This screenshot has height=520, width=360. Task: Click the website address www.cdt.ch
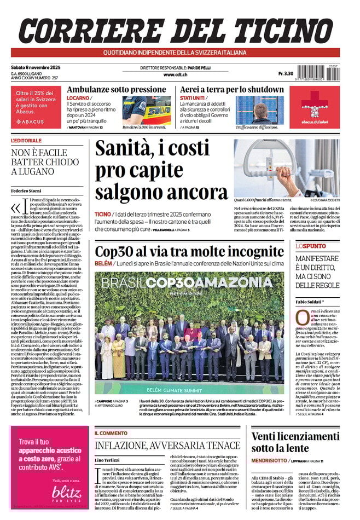point(176,74)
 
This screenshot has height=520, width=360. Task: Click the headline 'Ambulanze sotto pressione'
point(116,89)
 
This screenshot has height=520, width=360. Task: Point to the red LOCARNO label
point(78,98)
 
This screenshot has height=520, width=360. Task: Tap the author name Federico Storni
point(27,190)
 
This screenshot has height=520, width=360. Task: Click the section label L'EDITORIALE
point(26,141)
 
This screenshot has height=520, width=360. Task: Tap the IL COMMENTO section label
point(112,433)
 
